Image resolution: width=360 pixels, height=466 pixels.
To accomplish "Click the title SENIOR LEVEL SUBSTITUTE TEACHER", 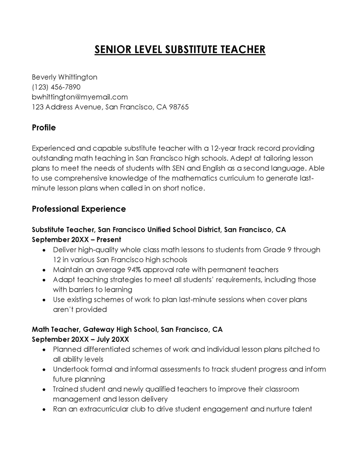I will click(x=180, y=49).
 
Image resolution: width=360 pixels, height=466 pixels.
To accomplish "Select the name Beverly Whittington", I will click(x=64, y=77).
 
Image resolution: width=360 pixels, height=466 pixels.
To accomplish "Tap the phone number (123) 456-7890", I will click(x=56, y=87).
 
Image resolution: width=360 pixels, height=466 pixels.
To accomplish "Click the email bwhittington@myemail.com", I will click(x=80, y=97).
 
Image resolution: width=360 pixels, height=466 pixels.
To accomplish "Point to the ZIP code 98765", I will click(x=179, y=107).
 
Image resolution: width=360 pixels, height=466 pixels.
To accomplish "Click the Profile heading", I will click(x=44, y=128).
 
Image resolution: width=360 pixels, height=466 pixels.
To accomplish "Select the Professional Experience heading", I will click(x=79, y=209).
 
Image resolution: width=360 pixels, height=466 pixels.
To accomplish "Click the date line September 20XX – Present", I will click(x=76, y=240).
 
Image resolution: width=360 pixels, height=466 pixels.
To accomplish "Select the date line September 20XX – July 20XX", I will click(x=81, y=339).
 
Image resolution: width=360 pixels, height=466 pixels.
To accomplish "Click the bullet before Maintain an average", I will click(x=44, y=270).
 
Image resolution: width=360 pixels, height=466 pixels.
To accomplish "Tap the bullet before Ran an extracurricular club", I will click(x=44, y=410).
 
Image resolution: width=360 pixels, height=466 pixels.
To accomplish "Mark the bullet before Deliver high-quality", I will click(x=44, y=250).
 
